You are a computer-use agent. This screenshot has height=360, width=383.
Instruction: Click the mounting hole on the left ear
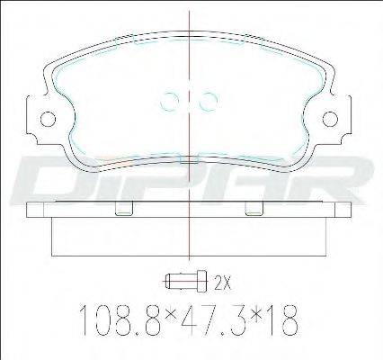[x=48, y=119]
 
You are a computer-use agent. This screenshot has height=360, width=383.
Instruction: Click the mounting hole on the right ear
[x=330, y=119]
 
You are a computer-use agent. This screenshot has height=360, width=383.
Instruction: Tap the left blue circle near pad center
[x=169, y=101]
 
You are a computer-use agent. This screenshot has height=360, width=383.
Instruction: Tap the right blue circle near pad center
[x=208, y=101]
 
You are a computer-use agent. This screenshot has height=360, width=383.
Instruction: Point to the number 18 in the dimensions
[x=285, y=321]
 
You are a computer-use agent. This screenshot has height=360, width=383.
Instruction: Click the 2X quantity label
[x=223, y=283]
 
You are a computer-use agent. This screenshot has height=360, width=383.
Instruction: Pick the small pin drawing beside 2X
[x=186, y=281]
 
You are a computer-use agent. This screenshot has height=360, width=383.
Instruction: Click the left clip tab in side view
[x=124, y=209]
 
